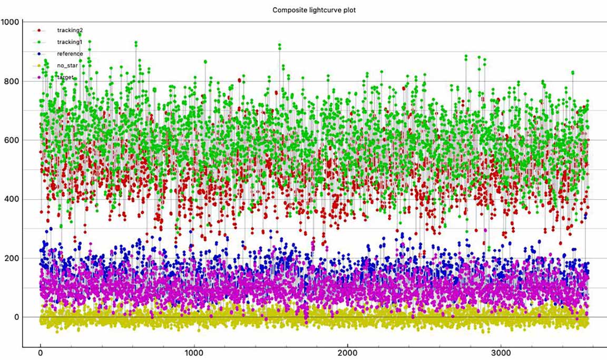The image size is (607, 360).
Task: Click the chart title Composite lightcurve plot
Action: click(314, 10)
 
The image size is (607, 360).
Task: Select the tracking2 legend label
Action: click(70, 30)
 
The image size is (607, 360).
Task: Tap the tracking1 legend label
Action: click(70, 42)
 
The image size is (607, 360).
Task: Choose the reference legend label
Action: click(70, 54)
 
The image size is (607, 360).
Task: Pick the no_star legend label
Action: click(67, 65)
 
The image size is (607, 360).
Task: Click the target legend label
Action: click(66, 77)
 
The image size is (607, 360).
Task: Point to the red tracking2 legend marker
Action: click(39, 30)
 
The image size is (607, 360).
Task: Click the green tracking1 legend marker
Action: click(39, 42)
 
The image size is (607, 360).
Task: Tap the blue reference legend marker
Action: click(39, 54)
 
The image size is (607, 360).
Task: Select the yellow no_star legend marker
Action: click(39, 65)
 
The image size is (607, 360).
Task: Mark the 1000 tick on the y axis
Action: click(10, 22)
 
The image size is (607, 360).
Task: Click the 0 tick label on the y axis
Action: click(17, 317)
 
